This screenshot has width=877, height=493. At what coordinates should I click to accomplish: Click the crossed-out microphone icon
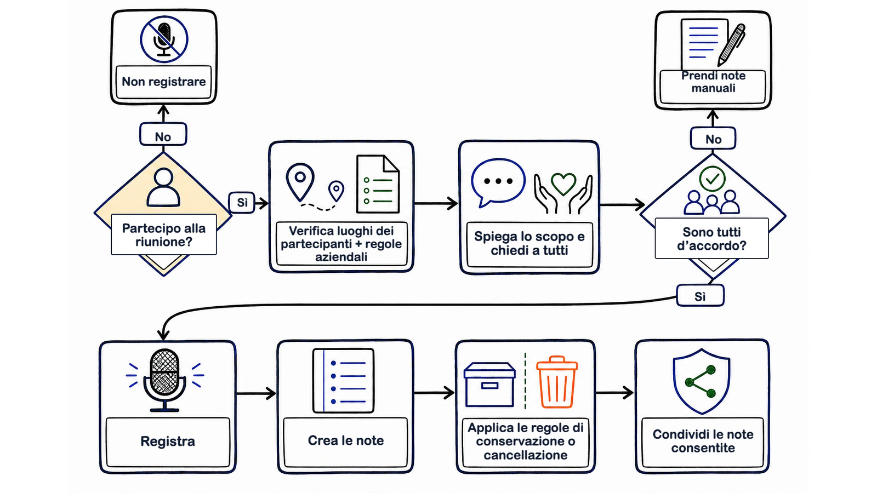pyautogui.click(x=164, y=39)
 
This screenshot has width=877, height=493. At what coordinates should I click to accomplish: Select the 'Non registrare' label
pyautogui.click(x=164, y=82)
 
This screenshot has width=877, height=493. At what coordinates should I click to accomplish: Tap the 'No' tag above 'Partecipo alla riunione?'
pyautogui.click(x=163, y=135)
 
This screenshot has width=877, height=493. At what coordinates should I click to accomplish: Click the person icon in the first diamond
pyautogui.click(x=164, y=187)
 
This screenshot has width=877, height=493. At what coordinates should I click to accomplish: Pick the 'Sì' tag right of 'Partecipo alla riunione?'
pyautogui.click(x=242, y=202)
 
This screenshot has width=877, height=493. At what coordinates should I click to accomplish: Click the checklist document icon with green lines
pyautogui.click(x=378, y=184)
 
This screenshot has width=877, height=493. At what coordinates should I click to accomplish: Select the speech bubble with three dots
pyautogui.click(x=498, y=183)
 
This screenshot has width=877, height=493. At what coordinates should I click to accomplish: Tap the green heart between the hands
pyautogui.click(x=563, y=184)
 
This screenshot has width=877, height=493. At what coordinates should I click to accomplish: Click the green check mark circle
pyautogui.click(x=712, y=179)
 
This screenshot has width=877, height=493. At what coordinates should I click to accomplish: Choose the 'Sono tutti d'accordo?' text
pyautogui.click(x=712, y=239)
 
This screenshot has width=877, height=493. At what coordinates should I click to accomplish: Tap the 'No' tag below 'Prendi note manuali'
pyautogui.click(x=713, y=138)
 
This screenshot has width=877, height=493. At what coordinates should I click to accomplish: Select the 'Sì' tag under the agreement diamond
pyautogui.click(x=701, y=296)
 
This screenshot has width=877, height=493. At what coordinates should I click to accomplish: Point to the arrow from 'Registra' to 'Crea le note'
pyautogui.click(x=256, y=393)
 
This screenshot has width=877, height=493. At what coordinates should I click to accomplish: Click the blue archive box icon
pyautogui.click(x=489, y=385)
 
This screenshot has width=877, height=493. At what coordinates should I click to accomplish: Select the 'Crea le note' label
pyautogui.click(x=346, y=440)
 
